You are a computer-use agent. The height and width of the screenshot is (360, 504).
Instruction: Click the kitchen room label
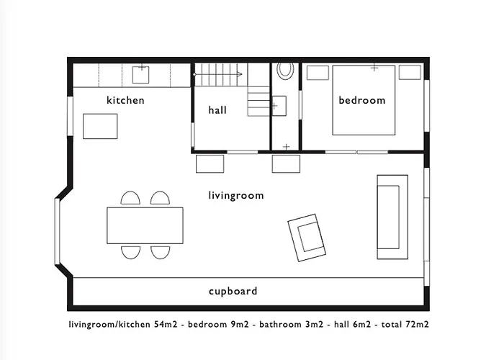point(125,100)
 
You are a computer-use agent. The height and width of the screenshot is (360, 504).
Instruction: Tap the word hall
point(217,110)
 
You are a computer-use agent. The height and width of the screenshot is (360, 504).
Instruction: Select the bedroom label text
point(362,100)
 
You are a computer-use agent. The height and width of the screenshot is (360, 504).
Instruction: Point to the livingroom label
point(236,195)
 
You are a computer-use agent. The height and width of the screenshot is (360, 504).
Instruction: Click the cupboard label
point(233,291)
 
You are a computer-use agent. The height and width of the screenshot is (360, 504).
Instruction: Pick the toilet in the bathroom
point(285,70)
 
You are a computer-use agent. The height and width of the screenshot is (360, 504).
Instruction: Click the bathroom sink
point(279,106)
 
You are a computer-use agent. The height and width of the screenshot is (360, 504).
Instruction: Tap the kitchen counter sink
point(141,74)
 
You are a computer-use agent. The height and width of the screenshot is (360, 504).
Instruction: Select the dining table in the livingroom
point(145,225)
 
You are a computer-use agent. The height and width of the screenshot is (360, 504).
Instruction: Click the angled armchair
point(307,238)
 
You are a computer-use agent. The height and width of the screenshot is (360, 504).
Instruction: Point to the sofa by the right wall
point(392,217)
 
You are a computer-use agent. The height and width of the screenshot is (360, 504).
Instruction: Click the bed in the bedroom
point(364,100)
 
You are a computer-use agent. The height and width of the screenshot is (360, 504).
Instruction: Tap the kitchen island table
point(100,126)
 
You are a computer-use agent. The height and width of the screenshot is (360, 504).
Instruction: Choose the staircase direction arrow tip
point(242,74)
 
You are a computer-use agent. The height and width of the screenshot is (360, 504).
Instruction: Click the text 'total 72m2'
point(405,324)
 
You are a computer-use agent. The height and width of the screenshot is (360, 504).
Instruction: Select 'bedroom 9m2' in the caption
point(218,324)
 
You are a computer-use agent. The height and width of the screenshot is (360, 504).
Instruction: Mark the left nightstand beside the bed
point(318,73)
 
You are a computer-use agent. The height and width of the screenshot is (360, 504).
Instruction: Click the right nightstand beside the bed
point(410,72)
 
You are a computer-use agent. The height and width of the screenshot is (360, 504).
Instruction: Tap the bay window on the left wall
point(57,231)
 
